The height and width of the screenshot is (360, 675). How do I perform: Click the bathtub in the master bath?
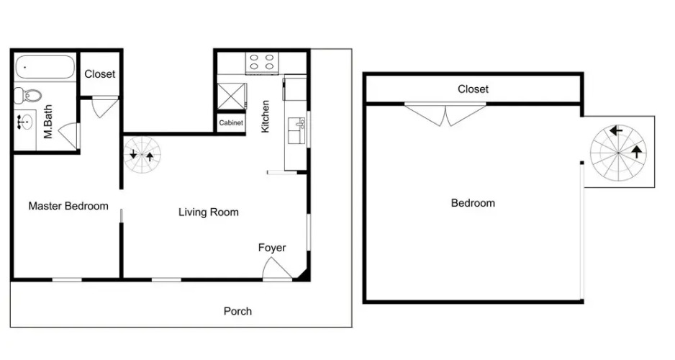click(x=45, y=67)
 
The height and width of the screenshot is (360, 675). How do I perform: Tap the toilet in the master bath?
click(x=27, y=95)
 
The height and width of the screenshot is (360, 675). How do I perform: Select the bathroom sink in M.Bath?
click(x=25, y=122)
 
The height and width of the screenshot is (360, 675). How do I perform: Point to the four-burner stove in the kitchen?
click(x=262, y=63)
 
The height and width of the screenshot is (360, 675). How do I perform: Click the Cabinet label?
click(x=231, y=122)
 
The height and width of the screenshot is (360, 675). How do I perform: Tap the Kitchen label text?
click(x=265, y=116)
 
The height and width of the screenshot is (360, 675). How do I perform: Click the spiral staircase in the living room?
click(x=142, y=154)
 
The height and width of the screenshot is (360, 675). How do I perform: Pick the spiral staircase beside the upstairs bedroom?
click(x=618, y=153)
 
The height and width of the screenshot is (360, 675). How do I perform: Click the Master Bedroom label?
click(x=68, y=206)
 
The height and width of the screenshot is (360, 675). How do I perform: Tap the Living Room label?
click(x=209, y=212)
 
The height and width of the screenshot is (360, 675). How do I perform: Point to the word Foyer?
click(x=272, y=248)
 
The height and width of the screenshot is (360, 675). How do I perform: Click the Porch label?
click(x=237, y=311)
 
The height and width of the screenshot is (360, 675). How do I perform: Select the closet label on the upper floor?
click(x=473, y=89)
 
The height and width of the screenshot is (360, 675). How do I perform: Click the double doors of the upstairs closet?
click(x=445, y=114)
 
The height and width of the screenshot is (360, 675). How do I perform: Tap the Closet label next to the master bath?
click(x=100, y=74)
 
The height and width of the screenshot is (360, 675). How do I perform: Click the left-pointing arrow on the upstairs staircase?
click(x=616, y=130)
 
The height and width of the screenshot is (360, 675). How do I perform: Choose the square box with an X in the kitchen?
click(x=231, y=96)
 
